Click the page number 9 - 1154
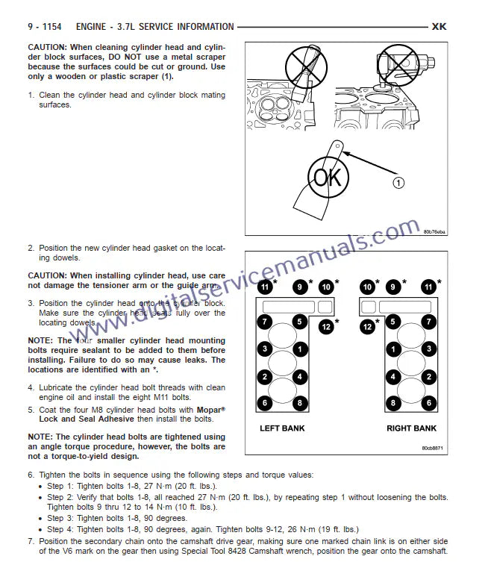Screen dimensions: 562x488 click(46, 27)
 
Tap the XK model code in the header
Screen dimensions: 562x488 click(439, 27)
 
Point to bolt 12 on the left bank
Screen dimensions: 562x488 click(326, 325)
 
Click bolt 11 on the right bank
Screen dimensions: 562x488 click(428, 286)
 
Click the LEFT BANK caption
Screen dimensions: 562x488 click(282, 428)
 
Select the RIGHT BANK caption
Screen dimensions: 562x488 click(411, 428)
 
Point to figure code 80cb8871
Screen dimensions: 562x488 click(433, 448)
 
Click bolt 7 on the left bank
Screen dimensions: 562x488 click(264, 322)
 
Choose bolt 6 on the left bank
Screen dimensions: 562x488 click(264, 403)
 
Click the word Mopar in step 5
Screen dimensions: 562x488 click(210, 410)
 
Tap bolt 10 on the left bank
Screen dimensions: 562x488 click(325, 286)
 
